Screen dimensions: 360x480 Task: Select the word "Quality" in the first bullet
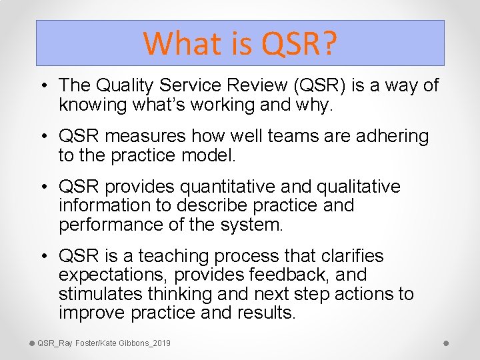click(x=127, y=85)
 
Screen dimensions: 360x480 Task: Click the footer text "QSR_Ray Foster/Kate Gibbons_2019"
click(x=103, y=343)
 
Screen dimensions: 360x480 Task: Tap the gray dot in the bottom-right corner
click(x=446, y=343)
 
